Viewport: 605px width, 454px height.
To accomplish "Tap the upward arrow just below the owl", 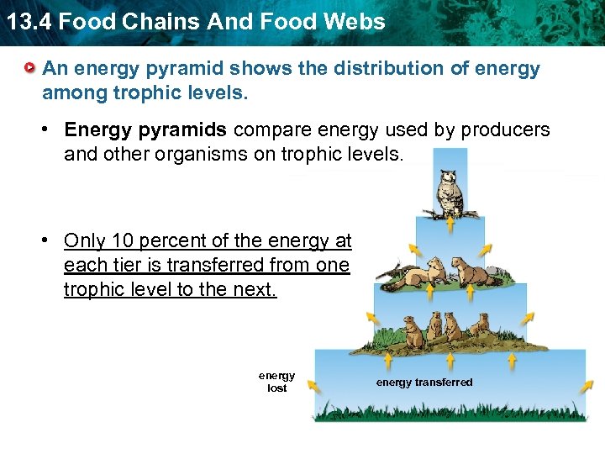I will [x=450, y=224].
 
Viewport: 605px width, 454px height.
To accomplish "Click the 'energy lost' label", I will [x=276, y=383].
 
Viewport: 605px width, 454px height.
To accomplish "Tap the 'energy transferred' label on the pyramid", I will [x=424, y=383].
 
